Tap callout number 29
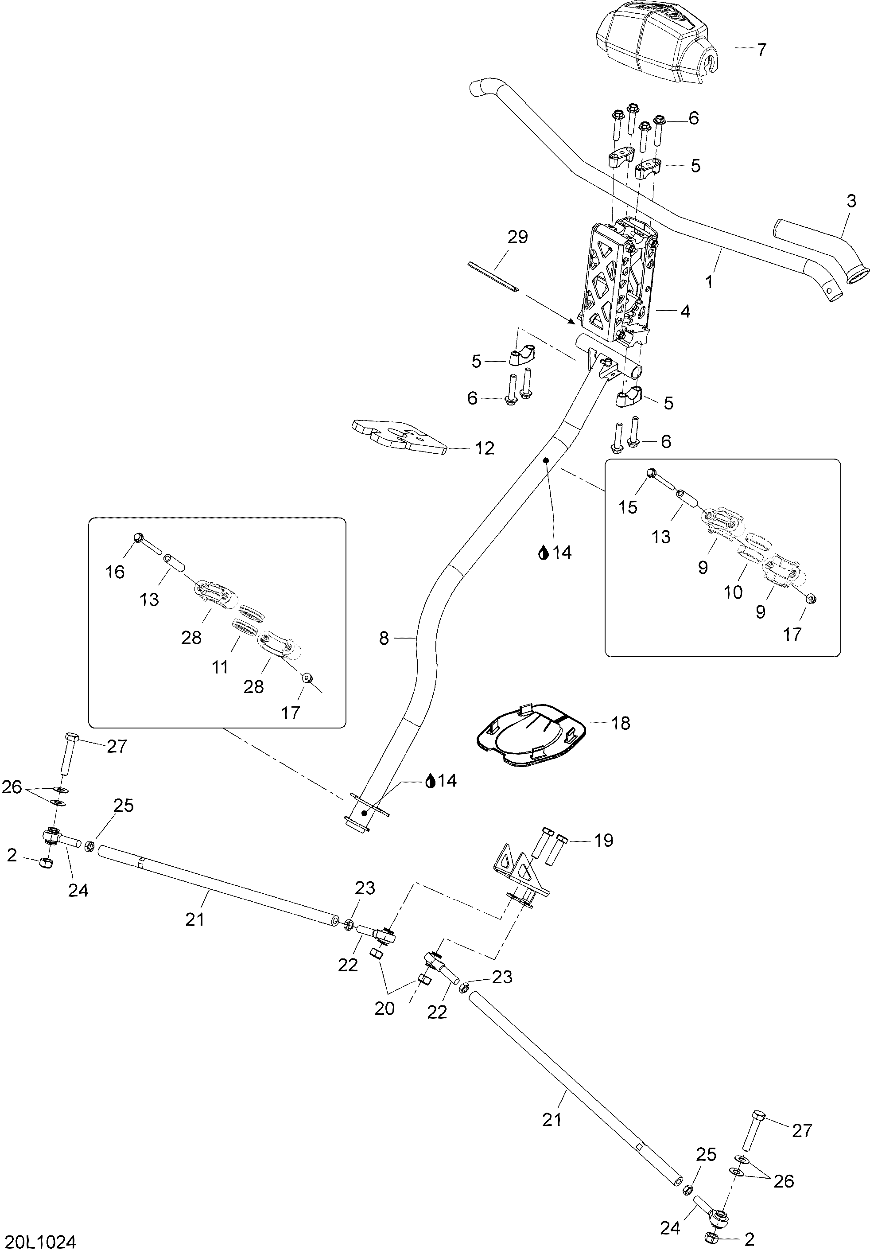coord(517,237)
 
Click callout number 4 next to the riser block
coord(685,312)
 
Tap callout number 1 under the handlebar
coord(709,282)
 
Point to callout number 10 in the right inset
coord(733,592)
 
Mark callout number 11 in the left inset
coord(220,667)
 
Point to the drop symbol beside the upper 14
coord(543,554)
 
